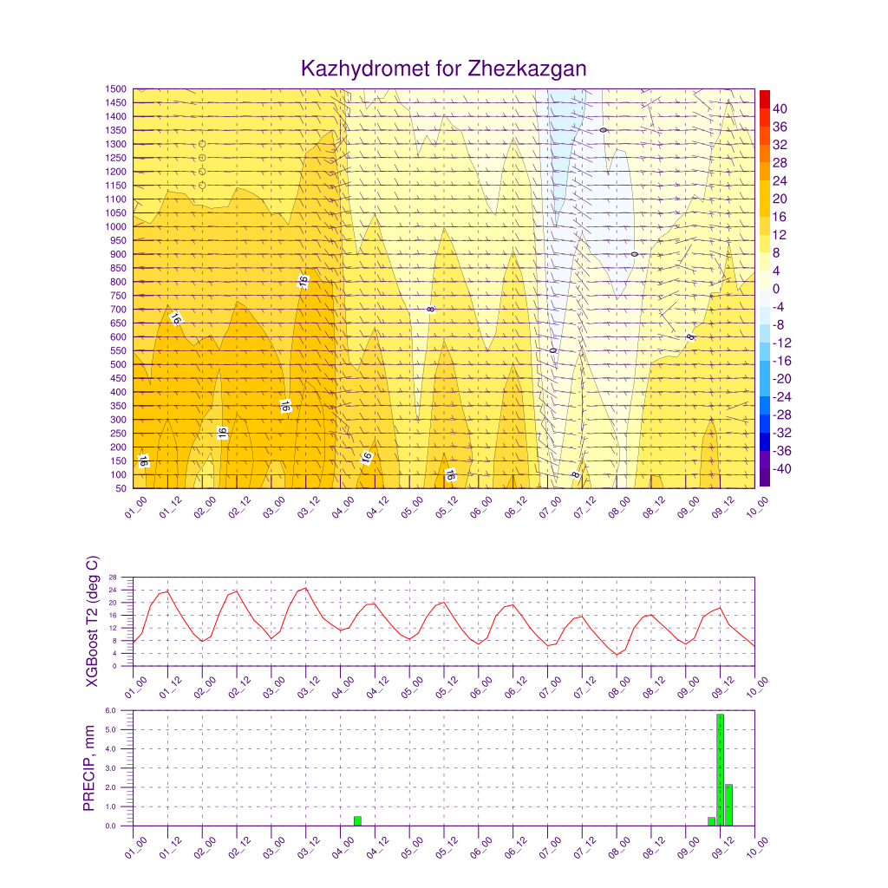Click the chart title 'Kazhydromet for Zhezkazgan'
click(x=443, y=69)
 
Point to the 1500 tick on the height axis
click(x=116, y=88)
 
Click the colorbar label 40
click(x=780, y=108)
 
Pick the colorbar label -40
click(x=780, y=469)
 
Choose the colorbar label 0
click(x=776, y=289)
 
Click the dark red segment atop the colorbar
click(x=764, y=98)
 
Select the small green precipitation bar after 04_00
click(x=357, y=820)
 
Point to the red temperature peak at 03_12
click(x=305, y=588)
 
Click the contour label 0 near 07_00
click(x=552, y=350)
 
